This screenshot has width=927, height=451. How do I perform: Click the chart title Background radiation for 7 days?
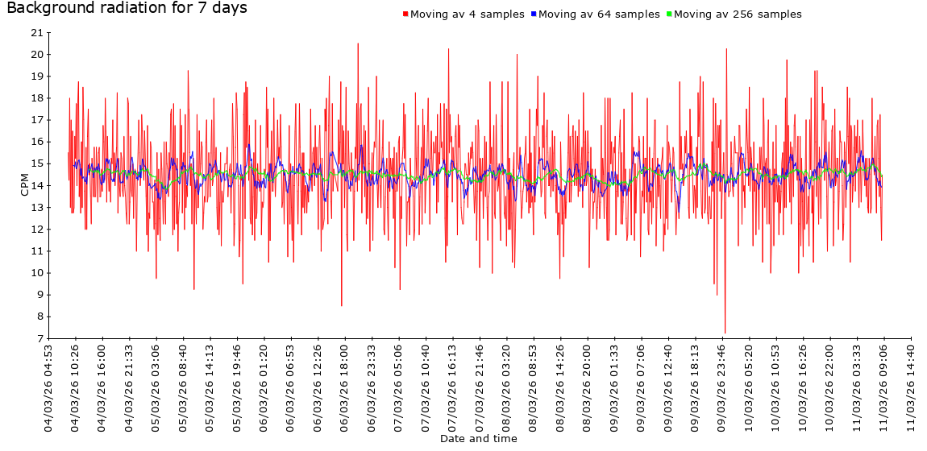(x=127, y=9)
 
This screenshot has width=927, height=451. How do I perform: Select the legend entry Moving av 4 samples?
(x=468, y=14)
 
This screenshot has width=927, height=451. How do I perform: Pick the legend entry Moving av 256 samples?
(x=738, y=14)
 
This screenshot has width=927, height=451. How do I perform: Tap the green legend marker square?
(x=669, y=14)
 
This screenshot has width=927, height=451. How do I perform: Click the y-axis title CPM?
(x=24, y=185)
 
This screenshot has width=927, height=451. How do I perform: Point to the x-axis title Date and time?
(x=479, y=439)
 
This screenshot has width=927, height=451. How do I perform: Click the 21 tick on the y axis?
(x=36, y=33)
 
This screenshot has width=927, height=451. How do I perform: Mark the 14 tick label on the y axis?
(x=36, y=186)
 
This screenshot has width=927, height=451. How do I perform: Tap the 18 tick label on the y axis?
(x=36, y=98)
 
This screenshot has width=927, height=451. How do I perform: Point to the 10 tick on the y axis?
(x=36, y=273)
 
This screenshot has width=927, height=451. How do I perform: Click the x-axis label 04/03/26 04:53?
(x=48, y=388)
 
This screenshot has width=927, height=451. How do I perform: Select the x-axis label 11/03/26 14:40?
(x=911, y=388)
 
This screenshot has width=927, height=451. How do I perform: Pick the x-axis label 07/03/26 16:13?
(x=453, y=388)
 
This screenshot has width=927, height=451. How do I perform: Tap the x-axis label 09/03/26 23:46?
(x=722, y=388)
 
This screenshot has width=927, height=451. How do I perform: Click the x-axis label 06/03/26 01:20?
(x=264, y=388)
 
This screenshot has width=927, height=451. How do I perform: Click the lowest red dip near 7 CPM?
(x=725, y=333)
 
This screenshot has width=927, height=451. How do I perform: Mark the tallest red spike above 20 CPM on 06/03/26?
(x=358, y=44)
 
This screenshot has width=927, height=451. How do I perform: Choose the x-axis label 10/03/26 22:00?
(x=830, y=388)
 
